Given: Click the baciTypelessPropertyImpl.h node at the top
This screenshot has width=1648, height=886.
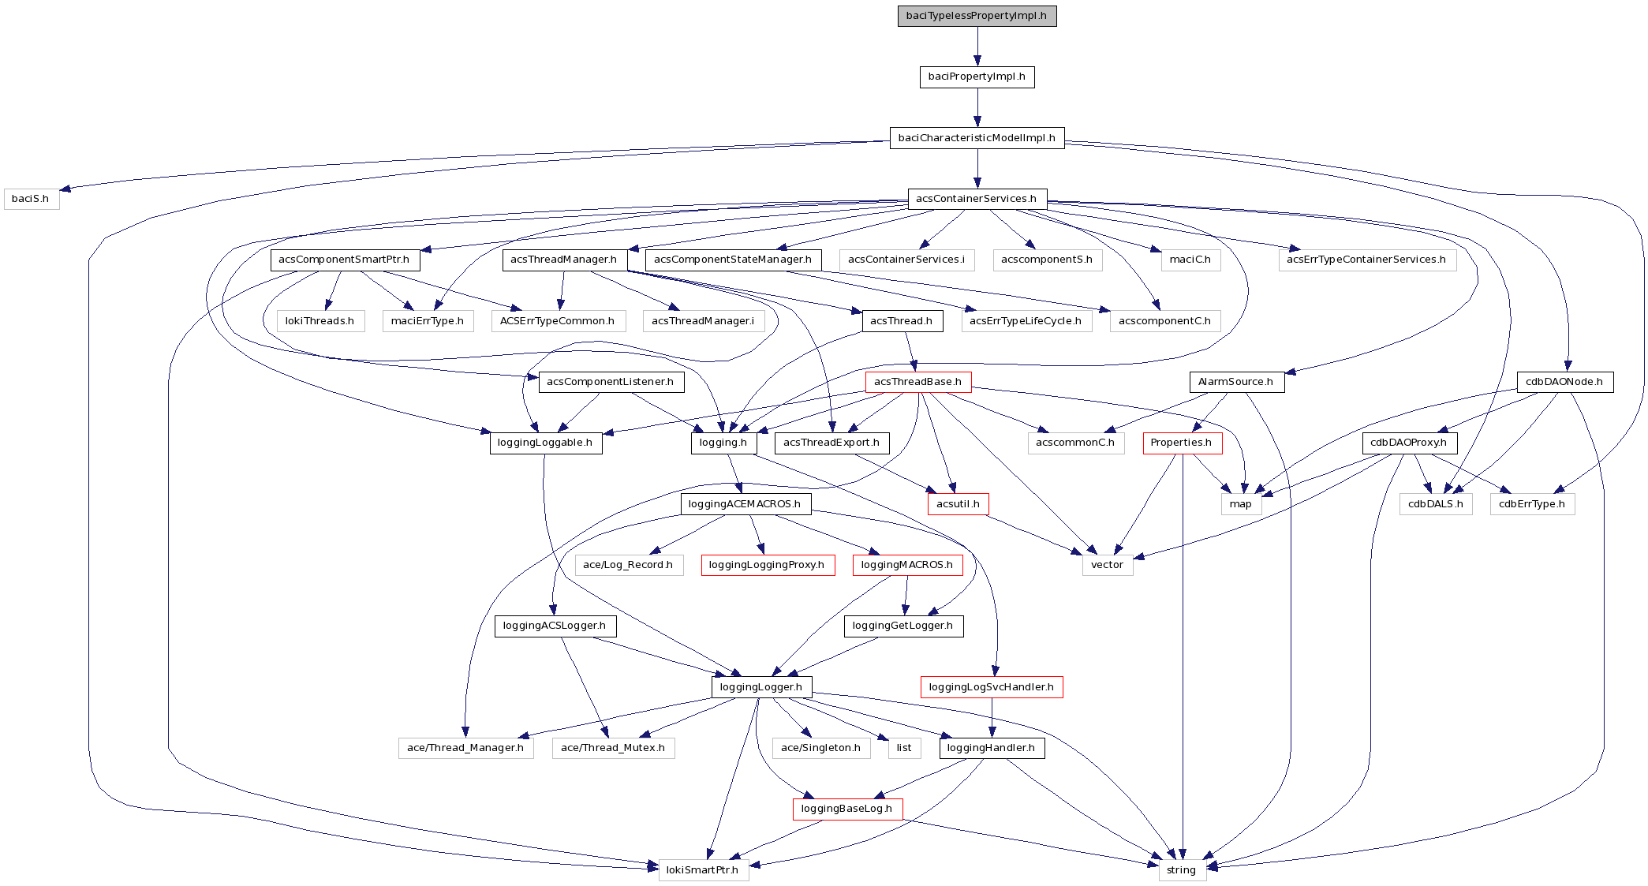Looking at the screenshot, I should point(977,16).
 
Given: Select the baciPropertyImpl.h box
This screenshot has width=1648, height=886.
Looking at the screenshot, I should point(977,77).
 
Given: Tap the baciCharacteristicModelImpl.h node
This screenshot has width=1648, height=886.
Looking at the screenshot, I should point(977,138).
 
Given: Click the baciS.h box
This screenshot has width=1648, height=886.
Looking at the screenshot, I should point(31,199).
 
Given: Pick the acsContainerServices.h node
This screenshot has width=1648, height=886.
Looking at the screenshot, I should point(977,199).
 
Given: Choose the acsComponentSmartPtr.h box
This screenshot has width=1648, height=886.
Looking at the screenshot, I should point(344,260).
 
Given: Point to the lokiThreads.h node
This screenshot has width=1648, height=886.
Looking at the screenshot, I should point(320,321).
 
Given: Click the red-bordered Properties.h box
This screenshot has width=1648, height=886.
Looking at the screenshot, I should point(1181,443).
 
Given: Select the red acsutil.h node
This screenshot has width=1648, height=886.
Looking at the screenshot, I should point(958,504).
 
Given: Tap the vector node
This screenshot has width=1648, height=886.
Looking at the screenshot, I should point(1107,565).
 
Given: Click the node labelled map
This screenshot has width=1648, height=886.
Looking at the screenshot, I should point(1240,504).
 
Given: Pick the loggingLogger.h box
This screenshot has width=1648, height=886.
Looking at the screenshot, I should point(761,687).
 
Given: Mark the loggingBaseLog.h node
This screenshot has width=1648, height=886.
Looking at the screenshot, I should point(846,809).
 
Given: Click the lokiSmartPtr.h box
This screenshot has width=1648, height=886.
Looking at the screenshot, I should point(702,870).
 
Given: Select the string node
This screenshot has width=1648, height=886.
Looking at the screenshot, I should point(1181,870).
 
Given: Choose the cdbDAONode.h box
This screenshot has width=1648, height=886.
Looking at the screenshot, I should point(1564,382).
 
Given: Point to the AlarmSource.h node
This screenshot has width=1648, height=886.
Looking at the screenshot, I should point(1235,382).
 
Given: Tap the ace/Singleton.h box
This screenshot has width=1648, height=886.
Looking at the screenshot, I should point(820,748).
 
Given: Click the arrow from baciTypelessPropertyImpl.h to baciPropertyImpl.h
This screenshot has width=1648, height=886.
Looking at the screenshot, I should point(977,47).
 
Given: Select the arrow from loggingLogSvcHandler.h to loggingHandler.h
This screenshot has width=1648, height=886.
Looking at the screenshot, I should point(992,718).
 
